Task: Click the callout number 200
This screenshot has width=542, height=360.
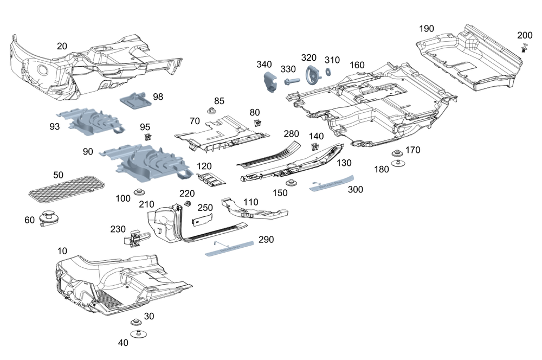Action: (x=525, y=35)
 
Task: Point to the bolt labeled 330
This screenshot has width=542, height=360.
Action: (x=291, y=82)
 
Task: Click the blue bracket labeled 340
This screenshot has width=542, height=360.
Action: (x=269, y=80)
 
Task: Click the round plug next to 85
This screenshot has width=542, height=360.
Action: (x=210, y=112)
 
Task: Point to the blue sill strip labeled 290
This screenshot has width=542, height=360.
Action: (x=229, y=247)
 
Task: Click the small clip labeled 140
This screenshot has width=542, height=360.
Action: (x=314, y=146)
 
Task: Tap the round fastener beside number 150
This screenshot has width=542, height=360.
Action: (x=292, y=183)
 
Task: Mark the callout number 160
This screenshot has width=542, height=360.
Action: (x=357, y=65)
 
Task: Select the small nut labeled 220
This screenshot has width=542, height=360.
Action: (x=188, y=203)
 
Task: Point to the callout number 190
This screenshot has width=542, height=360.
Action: (x=427, y=29)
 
